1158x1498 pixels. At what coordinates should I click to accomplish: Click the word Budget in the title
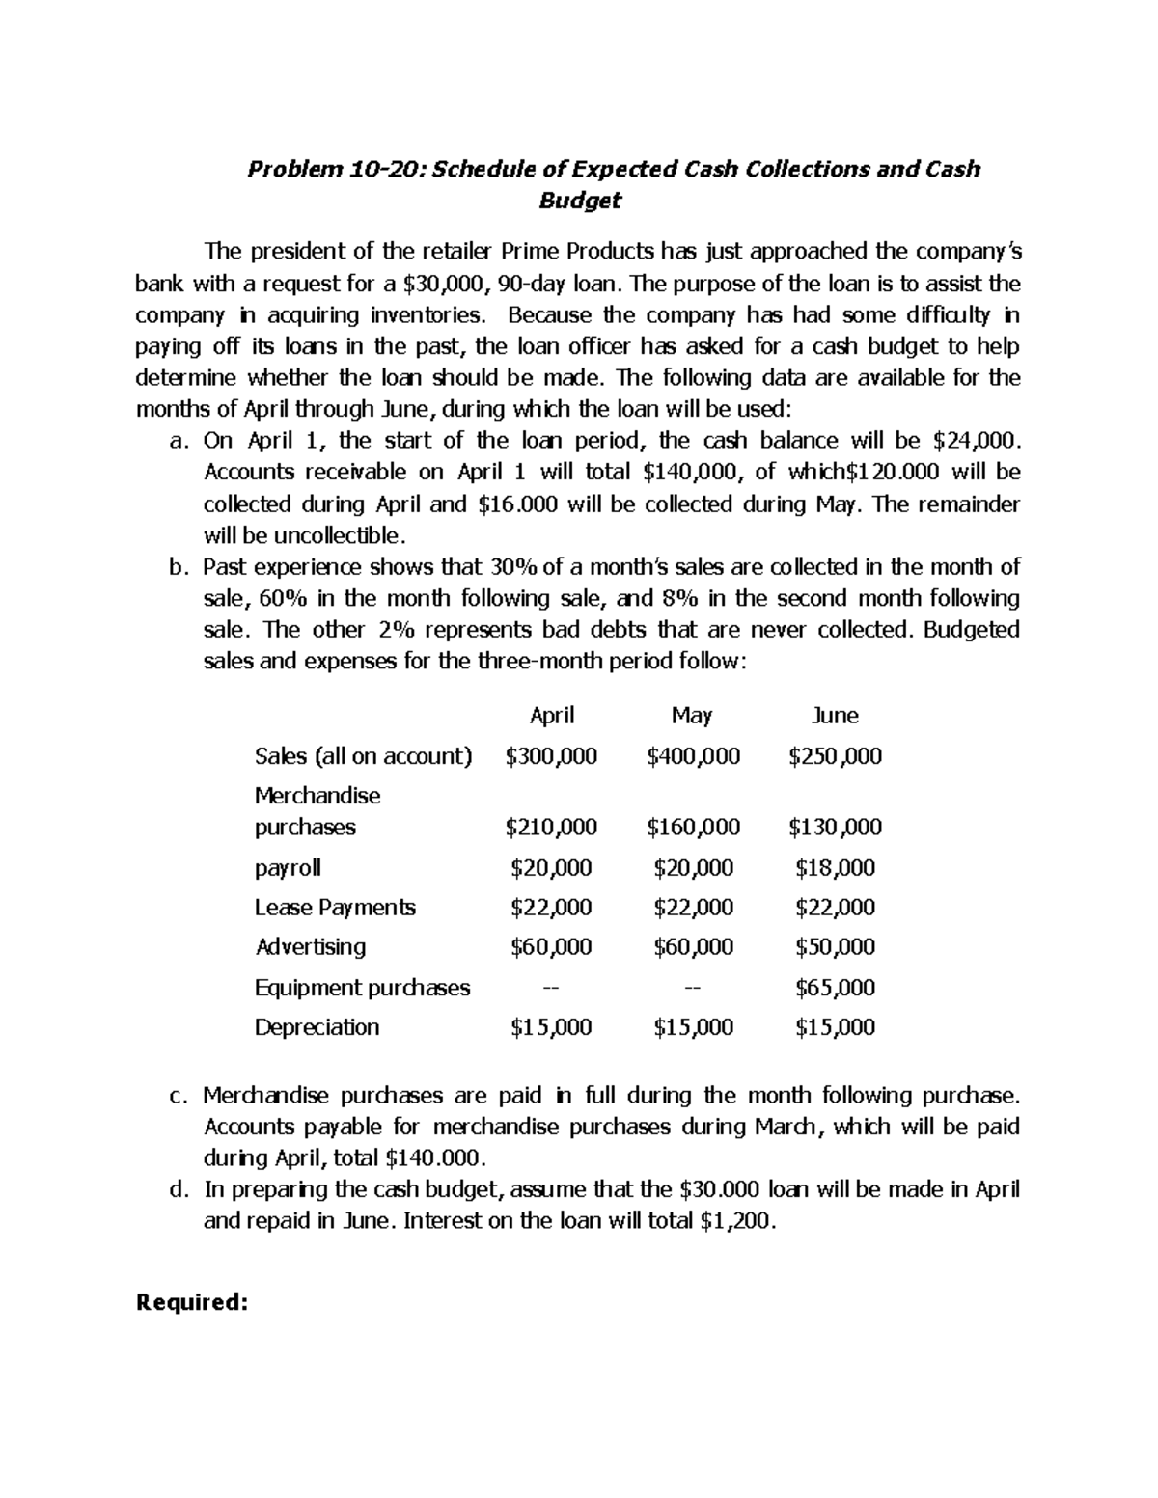578,201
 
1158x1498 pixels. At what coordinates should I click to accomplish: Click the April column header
552,716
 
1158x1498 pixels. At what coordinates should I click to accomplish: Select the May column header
692,716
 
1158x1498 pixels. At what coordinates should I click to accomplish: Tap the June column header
835,716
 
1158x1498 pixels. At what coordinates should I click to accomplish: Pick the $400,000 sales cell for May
693,756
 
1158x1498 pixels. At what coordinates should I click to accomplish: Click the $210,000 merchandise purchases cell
551,828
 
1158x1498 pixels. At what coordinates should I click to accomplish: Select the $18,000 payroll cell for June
835,868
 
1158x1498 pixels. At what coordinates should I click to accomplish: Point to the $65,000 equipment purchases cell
835,988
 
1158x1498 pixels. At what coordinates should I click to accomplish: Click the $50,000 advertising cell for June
835,947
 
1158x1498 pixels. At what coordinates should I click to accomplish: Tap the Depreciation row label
317,1027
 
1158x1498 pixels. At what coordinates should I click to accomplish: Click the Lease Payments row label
335,908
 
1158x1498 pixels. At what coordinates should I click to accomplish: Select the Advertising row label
310,947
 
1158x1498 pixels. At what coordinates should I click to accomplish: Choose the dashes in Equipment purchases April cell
551,988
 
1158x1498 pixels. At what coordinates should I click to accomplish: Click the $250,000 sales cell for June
835,756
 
